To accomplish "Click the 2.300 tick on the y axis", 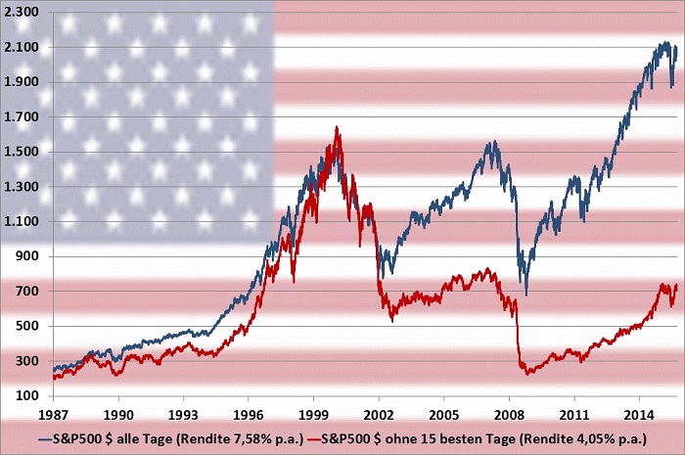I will (22, 13).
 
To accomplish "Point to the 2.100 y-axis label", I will (22, 48).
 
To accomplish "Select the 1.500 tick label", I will (22, 153).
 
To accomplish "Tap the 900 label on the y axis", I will (27, 257).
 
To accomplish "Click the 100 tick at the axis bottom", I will (27, 396).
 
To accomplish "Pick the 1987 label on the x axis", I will (54, 414).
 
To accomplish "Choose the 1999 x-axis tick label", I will (314, 414).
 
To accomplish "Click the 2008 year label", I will (509, 414).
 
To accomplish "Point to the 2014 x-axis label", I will (639, 414).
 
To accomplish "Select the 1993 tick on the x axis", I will (184, 414).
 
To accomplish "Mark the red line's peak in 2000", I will (337, 127).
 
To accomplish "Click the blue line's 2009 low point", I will (525, 294).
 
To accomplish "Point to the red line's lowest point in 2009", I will (528, 374).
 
